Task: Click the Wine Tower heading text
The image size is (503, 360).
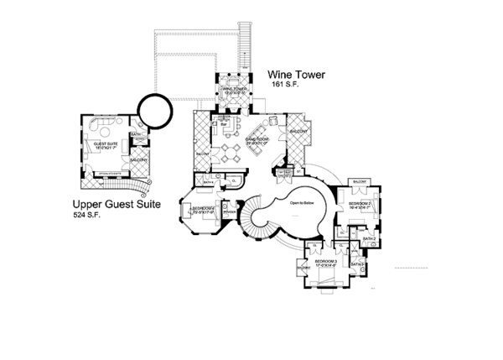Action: click(298, 75)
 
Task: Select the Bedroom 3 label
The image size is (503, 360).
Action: click(325, 262)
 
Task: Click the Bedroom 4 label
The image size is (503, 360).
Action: click(205, 209)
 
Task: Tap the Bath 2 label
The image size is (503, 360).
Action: click(369, 239)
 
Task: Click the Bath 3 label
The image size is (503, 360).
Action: click(356, 264)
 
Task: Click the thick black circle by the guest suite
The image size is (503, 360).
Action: click(155, 107)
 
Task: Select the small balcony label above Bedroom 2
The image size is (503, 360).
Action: click(360, 181)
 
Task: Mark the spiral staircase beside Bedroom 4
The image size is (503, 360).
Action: click(255, 220)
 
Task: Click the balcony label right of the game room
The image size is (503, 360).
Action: click(298, 132)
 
